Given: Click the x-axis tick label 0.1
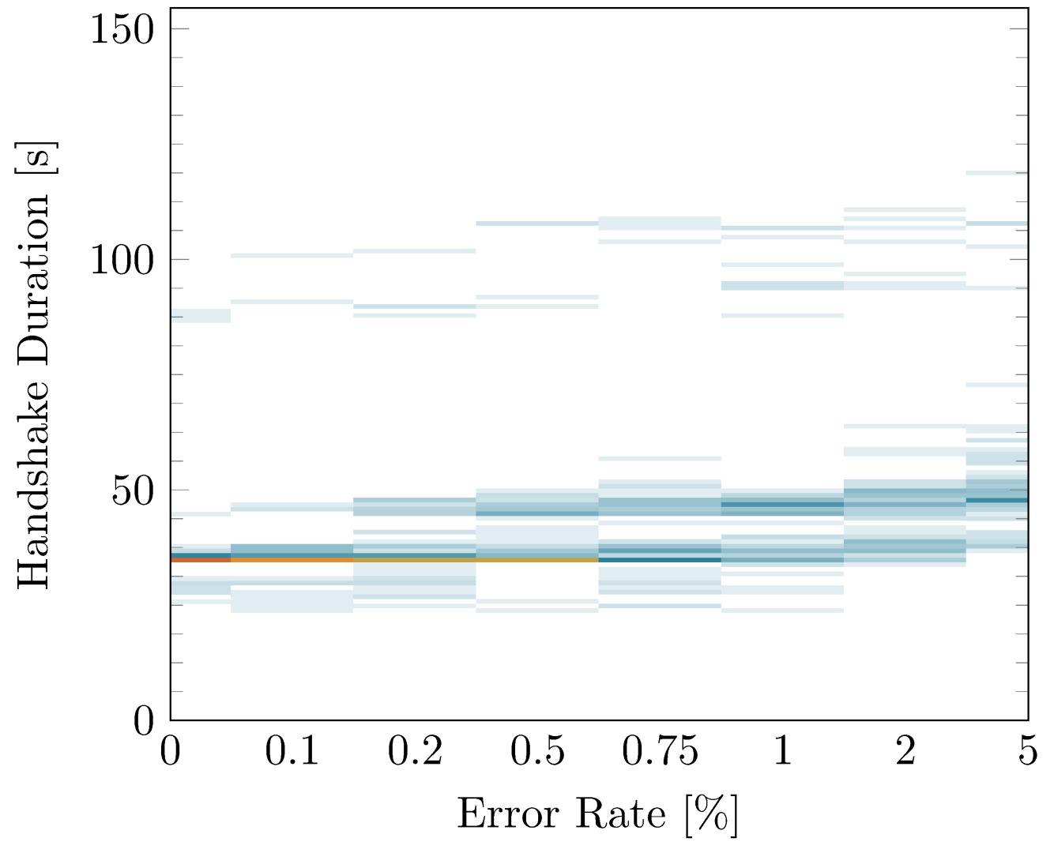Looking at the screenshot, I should (x=292, y=751).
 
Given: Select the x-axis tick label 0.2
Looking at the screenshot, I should (x=415, y=751).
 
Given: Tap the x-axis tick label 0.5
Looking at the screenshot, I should (x=537, y=751).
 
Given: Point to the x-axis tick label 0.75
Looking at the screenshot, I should (x=660, y=751).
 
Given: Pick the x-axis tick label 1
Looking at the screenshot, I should (x=782, y=751).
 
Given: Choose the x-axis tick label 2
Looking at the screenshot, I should (x=905, y=751).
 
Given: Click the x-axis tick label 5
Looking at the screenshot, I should (x=1027, y=751).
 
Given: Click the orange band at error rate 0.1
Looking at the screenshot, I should (x=292, y=559).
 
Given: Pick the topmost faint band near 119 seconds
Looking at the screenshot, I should (x=997, y=172).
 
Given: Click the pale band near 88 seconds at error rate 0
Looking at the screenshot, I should (x=201, y=316).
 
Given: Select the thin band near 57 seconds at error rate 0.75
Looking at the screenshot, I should (x=660, y=458).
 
